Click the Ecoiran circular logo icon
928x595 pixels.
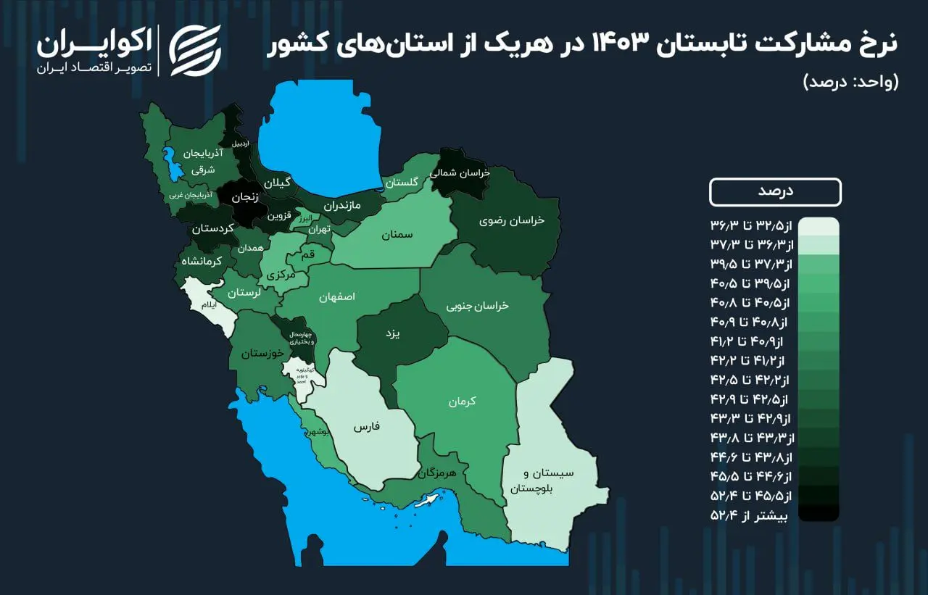point(195,51)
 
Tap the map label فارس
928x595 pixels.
point(367,427)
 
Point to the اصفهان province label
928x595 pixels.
point(336,297)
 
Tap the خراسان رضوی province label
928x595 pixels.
point(511,220)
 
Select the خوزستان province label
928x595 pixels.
point(260,354)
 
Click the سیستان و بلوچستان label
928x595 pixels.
point(551,480)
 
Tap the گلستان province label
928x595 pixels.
point(401,183)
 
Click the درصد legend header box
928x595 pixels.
point(775,192)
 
